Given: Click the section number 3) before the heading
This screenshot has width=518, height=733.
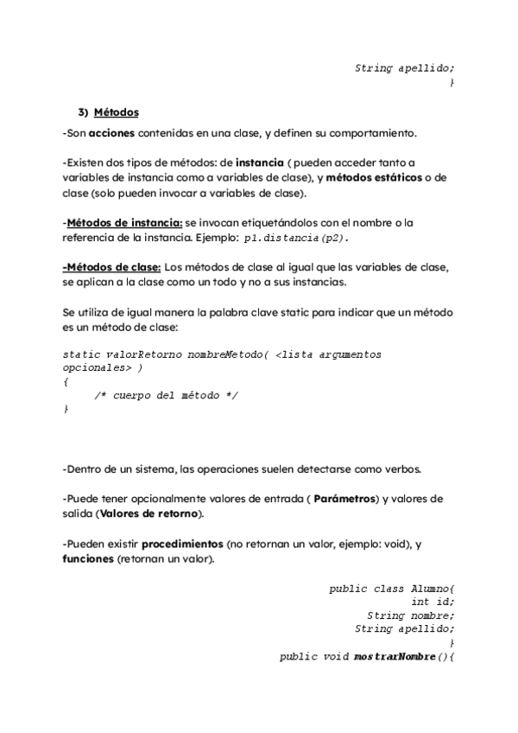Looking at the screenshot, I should (84, 112).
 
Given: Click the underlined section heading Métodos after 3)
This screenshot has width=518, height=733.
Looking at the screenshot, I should (116, 112).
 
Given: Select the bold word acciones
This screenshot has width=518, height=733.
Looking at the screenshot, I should (112, 133).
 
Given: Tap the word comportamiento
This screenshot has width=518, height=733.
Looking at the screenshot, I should (371, 133).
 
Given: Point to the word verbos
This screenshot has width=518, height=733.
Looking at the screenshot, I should (401, 469).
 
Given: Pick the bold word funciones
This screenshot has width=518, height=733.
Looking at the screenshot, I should (88, 559).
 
